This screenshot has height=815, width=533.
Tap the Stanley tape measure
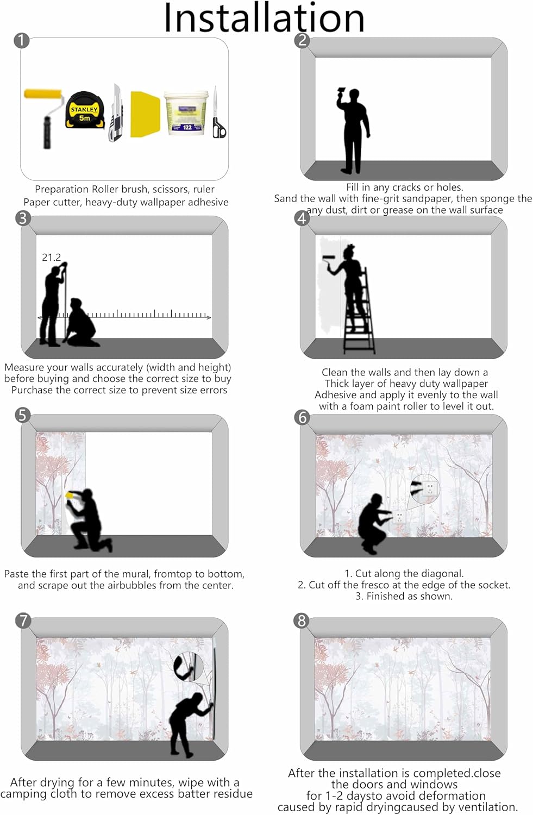pos(85,111)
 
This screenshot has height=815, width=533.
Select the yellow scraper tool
pos(145,114)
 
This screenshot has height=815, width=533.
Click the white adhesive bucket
pos(187,113)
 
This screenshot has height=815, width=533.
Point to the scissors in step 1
pos(218,112)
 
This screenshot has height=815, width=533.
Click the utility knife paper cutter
pos(116,113)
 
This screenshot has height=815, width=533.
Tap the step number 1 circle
pos(22,40)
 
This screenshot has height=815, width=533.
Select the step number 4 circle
pos(302,218)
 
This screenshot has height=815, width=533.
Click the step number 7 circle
pos(23,620)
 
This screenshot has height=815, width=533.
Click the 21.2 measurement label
pos(51,258)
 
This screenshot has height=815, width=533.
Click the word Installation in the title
pos(264,17)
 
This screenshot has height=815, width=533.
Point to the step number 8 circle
pos(301,620)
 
